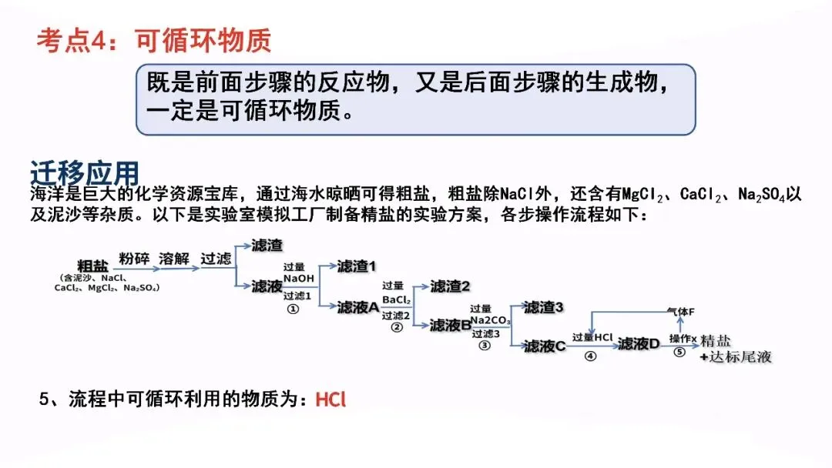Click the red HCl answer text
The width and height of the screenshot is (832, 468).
click(331, 400)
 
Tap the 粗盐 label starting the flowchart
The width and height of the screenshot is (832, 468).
click(93, 266)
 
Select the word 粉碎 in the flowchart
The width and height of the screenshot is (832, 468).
click(133, 258)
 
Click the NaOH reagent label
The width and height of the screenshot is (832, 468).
click(298, 278)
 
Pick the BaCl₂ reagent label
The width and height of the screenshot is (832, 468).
click(397, 299)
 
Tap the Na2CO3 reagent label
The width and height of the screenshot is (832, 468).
click(490, 319)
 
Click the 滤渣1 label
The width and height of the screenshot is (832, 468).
click(357, 266)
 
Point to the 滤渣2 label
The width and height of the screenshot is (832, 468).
click(450, 286)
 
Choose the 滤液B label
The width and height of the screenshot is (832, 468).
click(451, 326)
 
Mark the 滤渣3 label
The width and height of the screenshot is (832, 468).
click(543, 307)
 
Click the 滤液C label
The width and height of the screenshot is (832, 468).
click(545, 346)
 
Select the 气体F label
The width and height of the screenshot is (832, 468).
click(681, 312)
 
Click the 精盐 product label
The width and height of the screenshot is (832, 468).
click(716, 341)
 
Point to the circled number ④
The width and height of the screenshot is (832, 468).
click(590, 356)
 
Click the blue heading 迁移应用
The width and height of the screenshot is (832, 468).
click(85, 171)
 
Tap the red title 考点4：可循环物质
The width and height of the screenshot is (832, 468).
click(154, 40)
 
